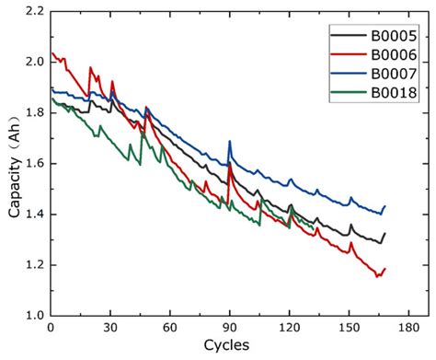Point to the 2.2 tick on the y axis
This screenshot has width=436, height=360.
(x=34, y=12)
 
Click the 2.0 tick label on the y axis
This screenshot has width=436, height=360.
(x=34, y=63)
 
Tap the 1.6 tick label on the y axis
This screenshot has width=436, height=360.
(x=34, y=164)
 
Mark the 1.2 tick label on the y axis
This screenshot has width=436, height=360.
(x=34, y=265)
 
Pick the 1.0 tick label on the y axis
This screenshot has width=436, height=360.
(x=34, y=316)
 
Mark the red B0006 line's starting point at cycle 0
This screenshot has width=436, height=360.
(x=52, y=52)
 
